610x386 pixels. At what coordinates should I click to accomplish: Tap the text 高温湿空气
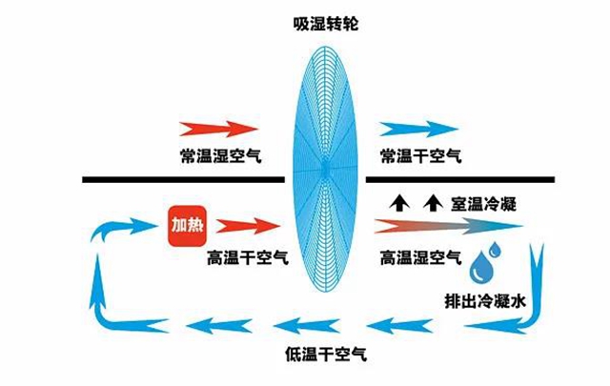pyautogui.click(x=419, y=257)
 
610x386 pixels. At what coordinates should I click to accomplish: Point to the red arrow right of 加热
pyautogui.click(x=250, y=226)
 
